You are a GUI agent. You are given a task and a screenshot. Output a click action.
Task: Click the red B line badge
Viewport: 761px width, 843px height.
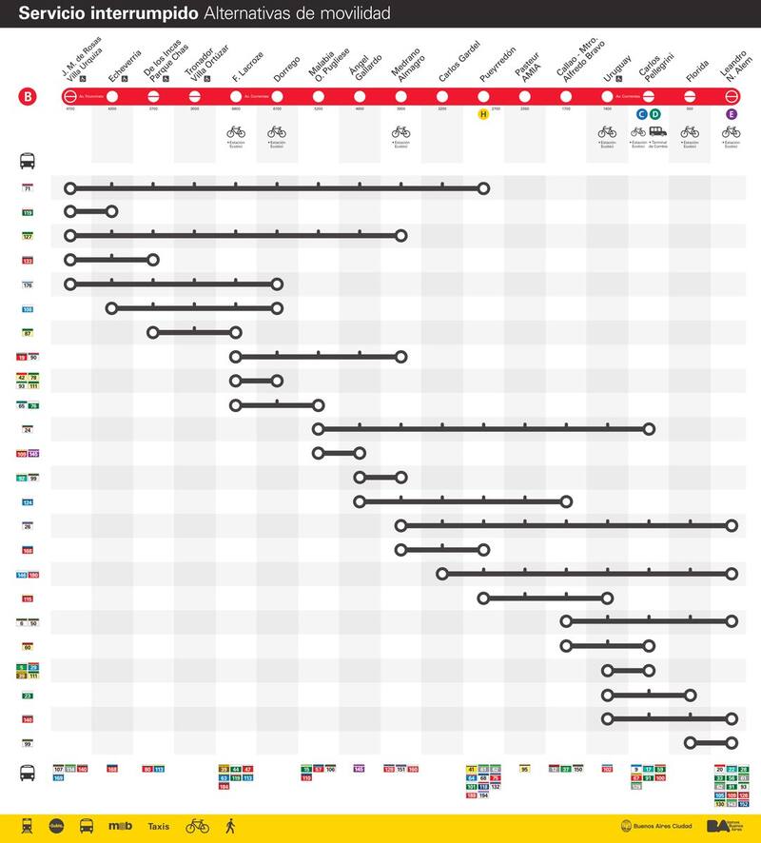[x=28, y=96]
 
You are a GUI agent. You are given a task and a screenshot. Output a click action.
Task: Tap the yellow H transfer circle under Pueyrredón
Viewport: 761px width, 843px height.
[x=483, y=114]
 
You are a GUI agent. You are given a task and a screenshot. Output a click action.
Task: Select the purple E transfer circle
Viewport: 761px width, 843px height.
[x=732, y=114]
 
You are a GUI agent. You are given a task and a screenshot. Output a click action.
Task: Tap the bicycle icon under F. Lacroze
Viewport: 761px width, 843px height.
[x=236, y=132]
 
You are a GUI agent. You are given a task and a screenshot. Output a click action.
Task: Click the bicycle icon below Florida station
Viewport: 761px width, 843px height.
[x=690, y=132]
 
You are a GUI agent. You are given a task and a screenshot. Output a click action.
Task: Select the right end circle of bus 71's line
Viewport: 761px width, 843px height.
[x=483, y=188]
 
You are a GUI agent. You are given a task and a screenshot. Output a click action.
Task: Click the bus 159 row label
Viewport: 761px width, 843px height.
[x=28, y=212]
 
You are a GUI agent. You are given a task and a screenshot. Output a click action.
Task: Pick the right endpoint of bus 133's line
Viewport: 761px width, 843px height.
[x=153, y=260]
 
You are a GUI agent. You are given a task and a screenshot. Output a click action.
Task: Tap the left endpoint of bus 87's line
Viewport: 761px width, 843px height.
[x=153, y=332]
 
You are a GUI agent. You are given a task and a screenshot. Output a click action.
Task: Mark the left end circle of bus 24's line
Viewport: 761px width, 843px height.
[x=319, y=429]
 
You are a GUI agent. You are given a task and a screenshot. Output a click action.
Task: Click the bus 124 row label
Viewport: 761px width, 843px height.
[x=28, y=501]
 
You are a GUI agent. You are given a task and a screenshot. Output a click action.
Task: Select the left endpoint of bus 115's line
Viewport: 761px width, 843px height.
[x=483, y=598]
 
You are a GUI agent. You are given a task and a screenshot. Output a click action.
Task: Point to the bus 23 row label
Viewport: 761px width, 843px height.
[x=28, y=696]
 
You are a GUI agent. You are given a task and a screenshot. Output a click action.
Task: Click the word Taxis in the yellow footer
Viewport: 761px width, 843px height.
[x=159, y=826]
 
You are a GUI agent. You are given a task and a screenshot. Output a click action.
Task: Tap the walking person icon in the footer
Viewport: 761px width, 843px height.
[x=229, y=826]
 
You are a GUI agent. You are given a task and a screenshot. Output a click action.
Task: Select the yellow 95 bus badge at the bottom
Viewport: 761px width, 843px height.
[x=524, y=768]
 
